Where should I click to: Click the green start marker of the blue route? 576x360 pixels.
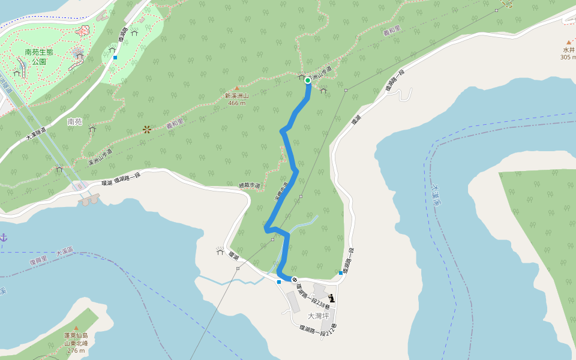tap(308, 80)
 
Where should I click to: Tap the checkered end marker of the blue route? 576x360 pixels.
tap(295, 280)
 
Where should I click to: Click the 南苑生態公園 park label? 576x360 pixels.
tap(39, 56)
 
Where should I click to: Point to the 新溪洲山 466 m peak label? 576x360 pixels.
tap(236, 99)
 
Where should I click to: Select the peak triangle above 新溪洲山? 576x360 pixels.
tap(236, 88)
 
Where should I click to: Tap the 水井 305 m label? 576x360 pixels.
tap(568, 53)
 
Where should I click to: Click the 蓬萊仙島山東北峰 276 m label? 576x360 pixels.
tap(76, 343)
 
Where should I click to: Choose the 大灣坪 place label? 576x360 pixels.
tap(319, 316)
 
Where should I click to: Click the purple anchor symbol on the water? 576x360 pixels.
tap(4, 238)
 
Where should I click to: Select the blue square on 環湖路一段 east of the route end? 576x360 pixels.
tap(341, 273)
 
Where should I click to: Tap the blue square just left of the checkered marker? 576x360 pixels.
tap(279, 281)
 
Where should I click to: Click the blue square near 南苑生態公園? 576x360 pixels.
tap(115, 58)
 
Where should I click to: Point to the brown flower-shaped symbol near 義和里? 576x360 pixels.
tap(147, 129)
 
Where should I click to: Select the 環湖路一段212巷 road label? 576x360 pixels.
tap(318, 331)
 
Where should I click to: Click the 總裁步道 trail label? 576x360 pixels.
tap(250, 186)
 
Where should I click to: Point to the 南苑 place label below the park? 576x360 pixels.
tap(74, 122)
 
